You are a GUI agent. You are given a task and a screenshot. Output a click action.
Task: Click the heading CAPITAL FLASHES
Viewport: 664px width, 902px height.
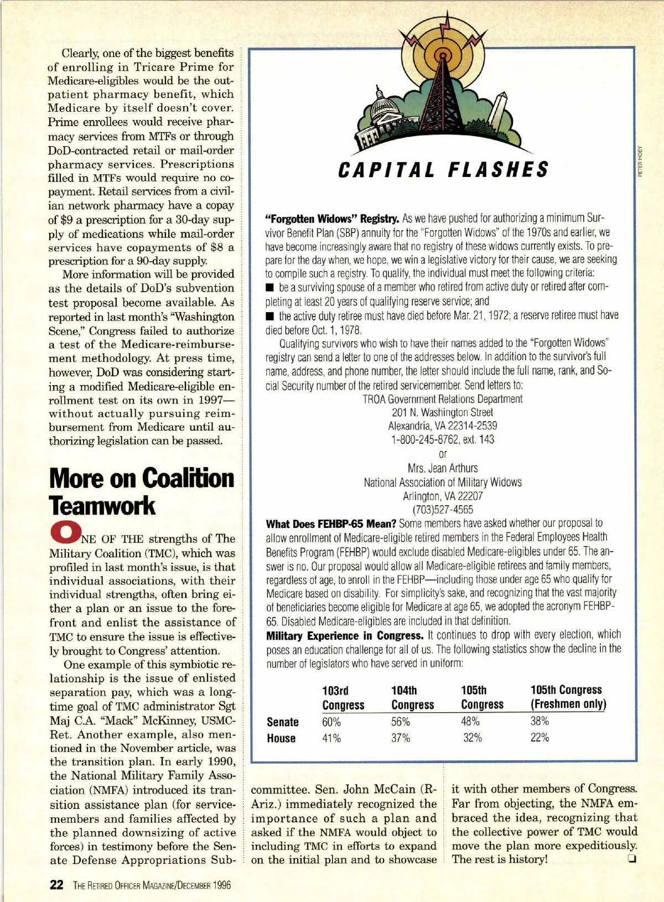[442, 169]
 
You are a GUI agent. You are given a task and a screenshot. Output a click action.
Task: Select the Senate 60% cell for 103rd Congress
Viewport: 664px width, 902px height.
[331, 722]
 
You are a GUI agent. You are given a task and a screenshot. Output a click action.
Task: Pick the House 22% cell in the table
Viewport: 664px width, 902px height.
[539, 738]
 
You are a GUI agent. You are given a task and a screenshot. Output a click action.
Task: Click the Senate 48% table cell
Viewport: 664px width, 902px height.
[470, 722]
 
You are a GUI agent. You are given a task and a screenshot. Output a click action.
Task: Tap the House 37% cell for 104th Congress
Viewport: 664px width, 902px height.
[401, 738]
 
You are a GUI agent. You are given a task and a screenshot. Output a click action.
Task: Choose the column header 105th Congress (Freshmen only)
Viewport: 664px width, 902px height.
[568, 697]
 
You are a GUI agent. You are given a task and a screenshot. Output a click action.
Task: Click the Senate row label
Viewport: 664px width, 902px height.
[283, 722]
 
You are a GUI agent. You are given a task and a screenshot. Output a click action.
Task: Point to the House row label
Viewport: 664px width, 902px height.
[281, 738]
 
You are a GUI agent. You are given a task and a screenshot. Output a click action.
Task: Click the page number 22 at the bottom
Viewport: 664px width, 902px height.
[56, 884]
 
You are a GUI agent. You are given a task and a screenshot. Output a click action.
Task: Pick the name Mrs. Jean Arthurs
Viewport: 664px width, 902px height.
[442, 468]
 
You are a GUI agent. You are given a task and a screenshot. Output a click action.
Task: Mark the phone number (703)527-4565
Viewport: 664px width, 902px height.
[443, 510]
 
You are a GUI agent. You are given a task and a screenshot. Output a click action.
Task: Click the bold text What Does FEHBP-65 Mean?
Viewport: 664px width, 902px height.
[331, 523]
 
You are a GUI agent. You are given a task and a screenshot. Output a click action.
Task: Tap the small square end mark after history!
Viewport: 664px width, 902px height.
[630, 859]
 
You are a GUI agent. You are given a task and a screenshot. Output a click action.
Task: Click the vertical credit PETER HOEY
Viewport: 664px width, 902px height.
[640, 160]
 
